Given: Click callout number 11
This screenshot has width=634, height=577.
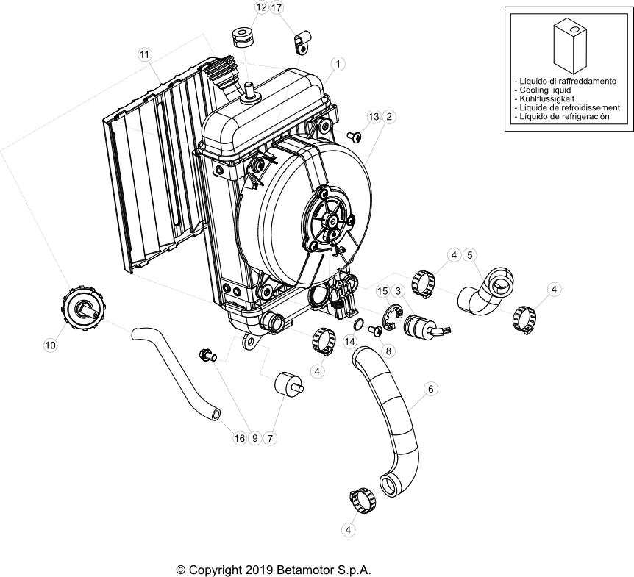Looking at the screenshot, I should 144,54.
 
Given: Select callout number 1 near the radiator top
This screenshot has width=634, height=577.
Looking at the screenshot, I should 337,65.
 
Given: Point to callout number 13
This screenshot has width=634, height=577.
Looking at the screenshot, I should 374,117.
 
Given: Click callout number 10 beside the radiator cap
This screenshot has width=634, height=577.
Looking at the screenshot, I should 51,343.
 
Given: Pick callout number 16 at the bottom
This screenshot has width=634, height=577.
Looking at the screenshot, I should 239,438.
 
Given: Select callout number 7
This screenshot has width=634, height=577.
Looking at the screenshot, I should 270,438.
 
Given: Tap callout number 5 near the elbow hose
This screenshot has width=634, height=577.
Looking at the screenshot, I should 471,255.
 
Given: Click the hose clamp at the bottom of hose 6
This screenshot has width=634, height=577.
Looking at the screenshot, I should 363,502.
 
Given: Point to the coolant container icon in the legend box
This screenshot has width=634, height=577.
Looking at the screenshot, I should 566,44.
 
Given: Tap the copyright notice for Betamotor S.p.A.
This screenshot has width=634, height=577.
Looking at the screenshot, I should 274,570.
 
